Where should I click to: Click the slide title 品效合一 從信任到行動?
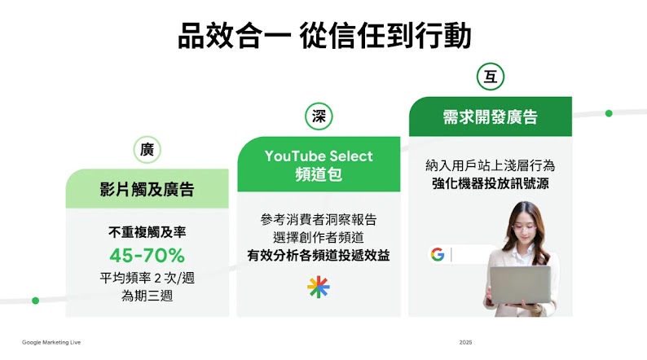point(323,36)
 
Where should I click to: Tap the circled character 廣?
point(147,150)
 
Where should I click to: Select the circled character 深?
point(319,116)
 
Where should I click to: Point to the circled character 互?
point(490,77)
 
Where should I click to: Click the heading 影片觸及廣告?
point(147,190)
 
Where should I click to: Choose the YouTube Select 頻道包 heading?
point(319,165)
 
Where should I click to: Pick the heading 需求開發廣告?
point(490,117)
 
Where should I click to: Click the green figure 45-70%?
point(147,255)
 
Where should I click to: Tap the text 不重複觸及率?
point(147,232)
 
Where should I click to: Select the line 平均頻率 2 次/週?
point(147,278)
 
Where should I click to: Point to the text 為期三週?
point(147,296)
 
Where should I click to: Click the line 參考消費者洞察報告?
point(319,219)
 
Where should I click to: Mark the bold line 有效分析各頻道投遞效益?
point(319,255)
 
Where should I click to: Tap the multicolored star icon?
point(318,287)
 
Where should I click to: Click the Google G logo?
point(438,254)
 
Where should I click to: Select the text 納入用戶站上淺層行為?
point(490,165)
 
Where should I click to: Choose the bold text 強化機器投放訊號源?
point(490,184)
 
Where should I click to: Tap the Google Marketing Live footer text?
point(51,342)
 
